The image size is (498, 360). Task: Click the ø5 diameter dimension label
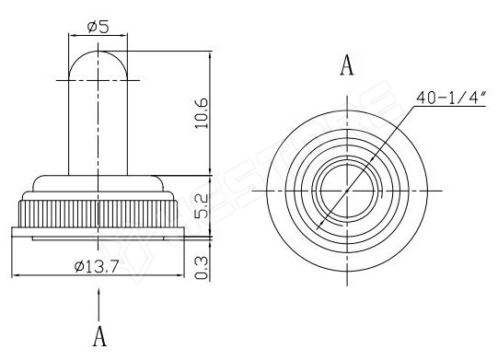tap(98, 27)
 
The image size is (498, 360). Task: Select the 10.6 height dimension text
tap(202, 113)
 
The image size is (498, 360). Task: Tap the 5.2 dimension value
tap(202, 206)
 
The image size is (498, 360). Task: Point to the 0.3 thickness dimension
tap(202, 268)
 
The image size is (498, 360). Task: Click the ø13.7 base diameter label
tap(97, 266)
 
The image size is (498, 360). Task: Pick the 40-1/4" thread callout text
tap(451, 98)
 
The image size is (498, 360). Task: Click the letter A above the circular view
tap(347, 65)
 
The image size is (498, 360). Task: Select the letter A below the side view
tap(99, 336)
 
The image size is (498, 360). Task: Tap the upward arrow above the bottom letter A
tap(99, 305)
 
